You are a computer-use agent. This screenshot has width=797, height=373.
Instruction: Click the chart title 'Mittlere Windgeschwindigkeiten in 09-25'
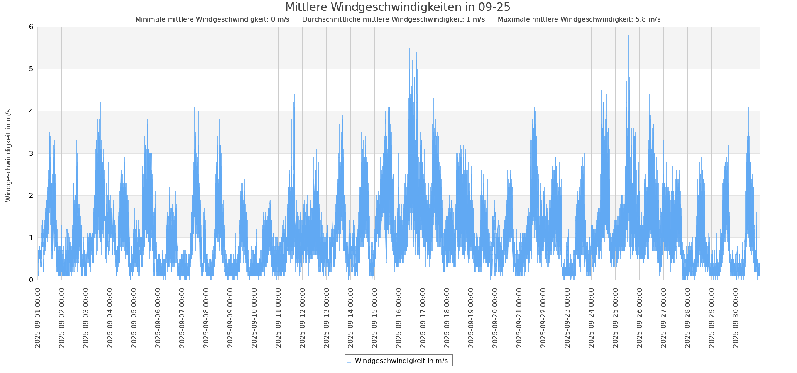397,7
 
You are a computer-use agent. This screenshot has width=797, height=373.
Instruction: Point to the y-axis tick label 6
31,27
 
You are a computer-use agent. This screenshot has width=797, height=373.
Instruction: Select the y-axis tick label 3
31,153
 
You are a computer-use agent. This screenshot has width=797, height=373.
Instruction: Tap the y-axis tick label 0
31,280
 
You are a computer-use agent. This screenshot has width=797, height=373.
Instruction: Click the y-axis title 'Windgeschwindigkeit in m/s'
8,155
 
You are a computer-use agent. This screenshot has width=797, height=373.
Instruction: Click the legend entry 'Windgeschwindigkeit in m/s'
401,361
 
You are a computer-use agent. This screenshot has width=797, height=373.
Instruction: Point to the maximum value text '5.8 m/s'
648,19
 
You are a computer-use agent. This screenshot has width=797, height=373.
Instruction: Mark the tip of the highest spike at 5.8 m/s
629,36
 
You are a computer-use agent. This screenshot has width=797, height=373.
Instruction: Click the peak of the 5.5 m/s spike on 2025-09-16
410,48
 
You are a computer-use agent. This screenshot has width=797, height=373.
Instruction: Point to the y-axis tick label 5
31,69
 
